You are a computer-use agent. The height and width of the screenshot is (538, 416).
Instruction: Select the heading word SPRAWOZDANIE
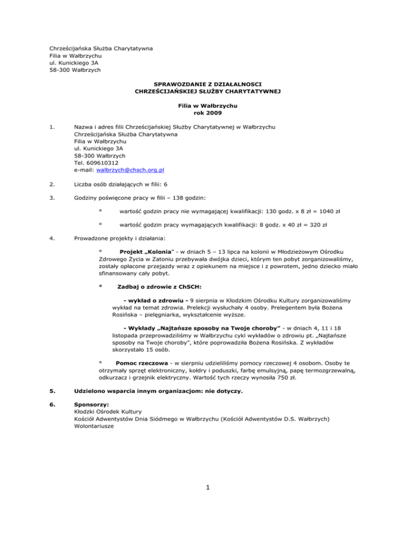(178, 84)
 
